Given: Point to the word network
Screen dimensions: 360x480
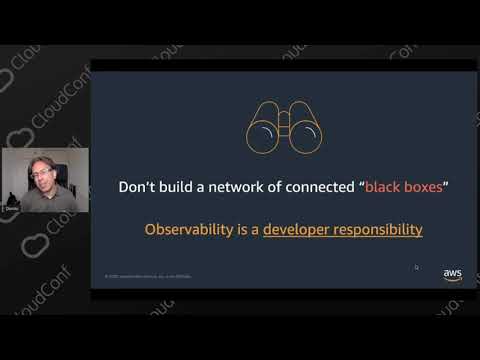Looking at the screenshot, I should (231, 186).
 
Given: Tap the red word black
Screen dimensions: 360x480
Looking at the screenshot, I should (386, 186).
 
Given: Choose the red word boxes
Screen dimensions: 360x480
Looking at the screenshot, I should (425, 186).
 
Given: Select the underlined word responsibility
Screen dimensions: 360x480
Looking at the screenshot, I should (381, 230).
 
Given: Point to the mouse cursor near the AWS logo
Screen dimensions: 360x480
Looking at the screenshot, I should (417, 267).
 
